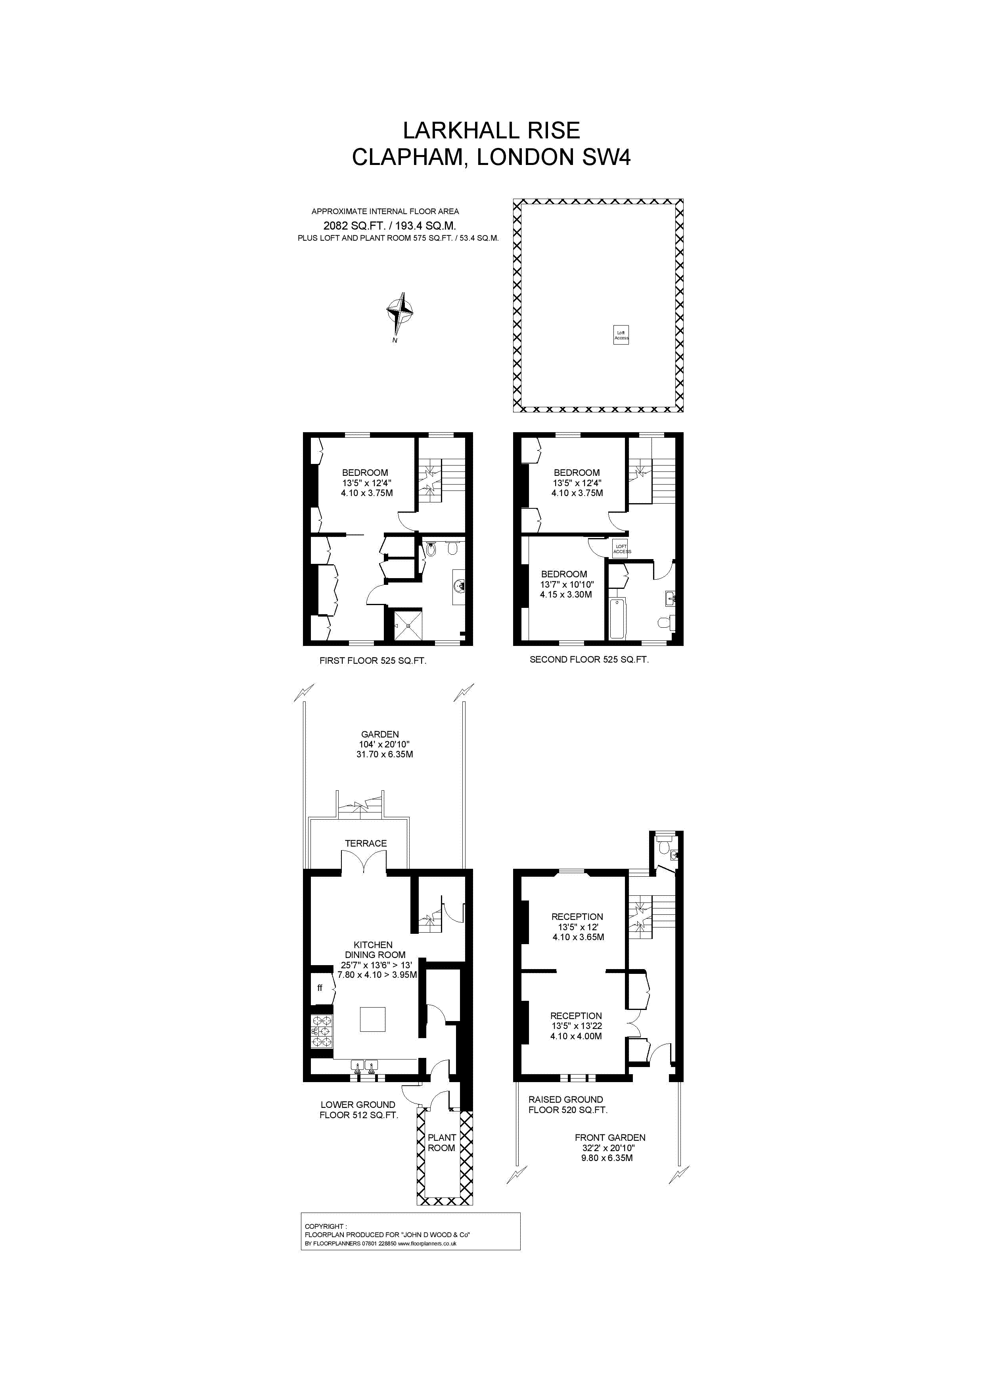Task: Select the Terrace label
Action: (366, 843)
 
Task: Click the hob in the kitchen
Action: (321, 1031)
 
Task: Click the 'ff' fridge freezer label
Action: (320, 988)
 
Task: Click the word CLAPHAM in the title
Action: (406, 157)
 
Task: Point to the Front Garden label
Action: (610, 1138)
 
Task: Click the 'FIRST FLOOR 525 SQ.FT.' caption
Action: (372, 661)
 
